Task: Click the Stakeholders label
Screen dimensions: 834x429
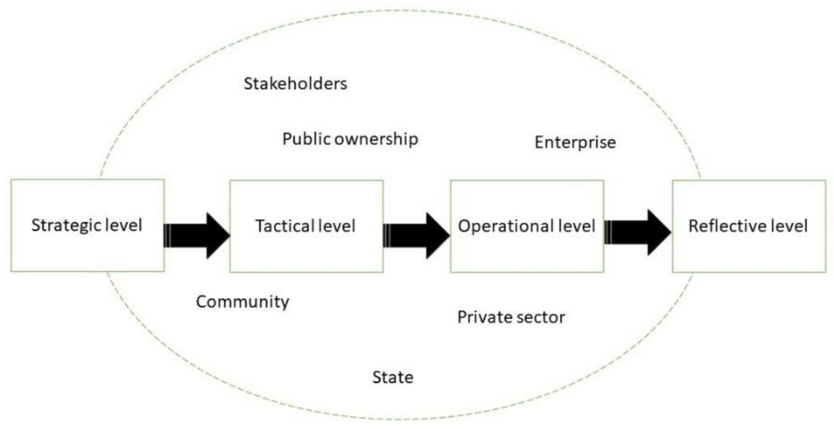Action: click(x=295, y=84)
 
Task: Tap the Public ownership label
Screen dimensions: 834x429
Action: click(x=350, y=139)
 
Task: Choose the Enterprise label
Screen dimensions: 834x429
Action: click(x=575, y=143)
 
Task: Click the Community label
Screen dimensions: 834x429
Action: click(x=242, y=302)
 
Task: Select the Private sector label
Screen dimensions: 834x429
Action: click(x=511, y=317)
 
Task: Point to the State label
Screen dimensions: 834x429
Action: click(x=392, y=377)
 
